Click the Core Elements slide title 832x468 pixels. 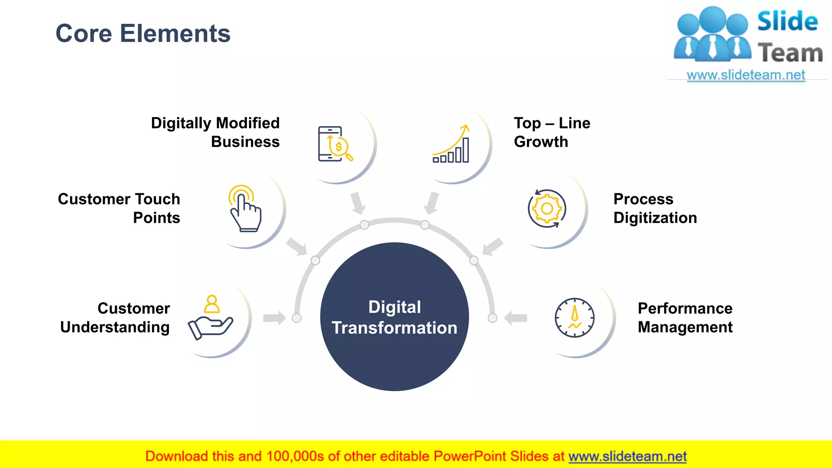click(x=143, y=33)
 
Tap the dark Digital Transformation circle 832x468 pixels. click(x=394, y=317)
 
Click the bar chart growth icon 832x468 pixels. click(x=451, y=144)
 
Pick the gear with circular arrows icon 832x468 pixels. click(x=547, y=208)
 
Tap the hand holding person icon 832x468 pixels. click(x=210, y=317)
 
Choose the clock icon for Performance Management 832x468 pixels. click(x=574, y=318)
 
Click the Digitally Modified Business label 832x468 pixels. click(x=215, y=132)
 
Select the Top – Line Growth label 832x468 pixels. click(x=552, y=132)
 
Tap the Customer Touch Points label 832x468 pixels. click(x=119, y=208)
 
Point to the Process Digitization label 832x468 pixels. click(x=655, y=208)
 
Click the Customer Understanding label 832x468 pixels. click(x=115, y=318)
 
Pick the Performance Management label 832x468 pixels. click(x=685, y=318)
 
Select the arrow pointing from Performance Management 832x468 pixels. click(x=516, y=318)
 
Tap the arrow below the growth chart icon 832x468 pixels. click(x=431, y=203)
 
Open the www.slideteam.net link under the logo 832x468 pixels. click(x=746, y=75)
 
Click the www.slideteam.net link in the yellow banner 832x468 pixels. click(x=627, y=456)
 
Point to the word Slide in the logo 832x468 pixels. click(x=787, y=21)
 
